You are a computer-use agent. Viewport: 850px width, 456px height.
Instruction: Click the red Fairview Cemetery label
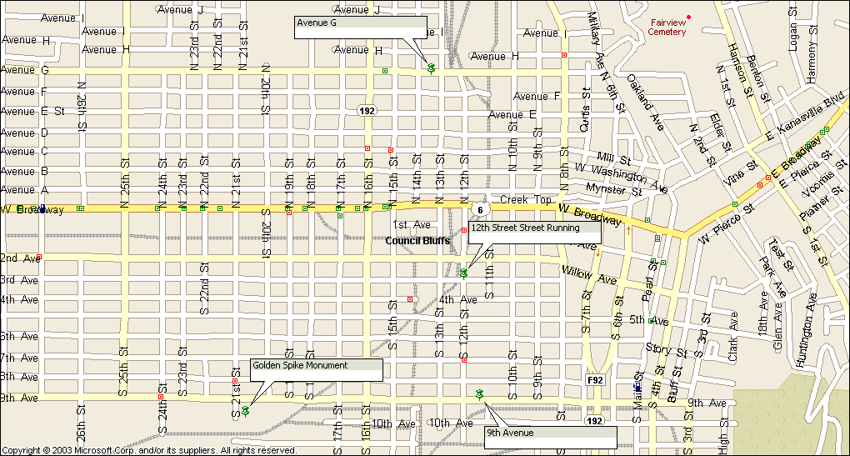pyautogui.click(x=667, y=27)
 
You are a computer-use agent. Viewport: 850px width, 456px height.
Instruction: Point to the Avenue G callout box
pyautogui.click(x=360, y=28)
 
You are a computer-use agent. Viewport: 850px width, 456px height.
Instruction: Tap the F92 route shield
pyautogui.click(x=595, y=380)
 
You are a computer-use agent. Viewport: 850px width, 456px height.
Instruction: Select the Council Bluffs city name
pyautogui.click(x=417, y=241)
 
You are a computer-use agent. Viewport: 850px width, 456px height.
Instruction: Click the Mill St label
pyautogui.click(x=611, y=158)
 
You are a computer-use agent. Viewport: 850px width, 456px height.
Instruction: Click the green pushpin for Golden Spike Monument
pyautogui.click(x=246, y=411)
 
